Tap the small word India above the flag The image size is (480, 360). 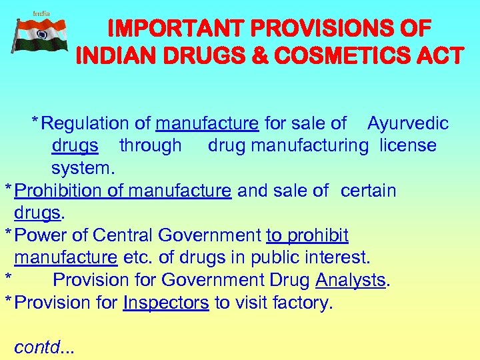coord(41,13)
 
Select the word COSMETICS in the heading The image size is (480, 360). coord(343,55)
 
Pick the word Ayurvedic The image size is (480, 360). coord(408,123)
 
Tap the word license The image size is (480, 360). coord(408,145)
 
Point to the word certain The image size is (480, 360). coord(368,191)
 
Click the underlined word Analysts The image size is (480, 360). coord(351,280)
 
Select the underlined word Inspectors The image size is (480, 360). coord(166,303)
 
